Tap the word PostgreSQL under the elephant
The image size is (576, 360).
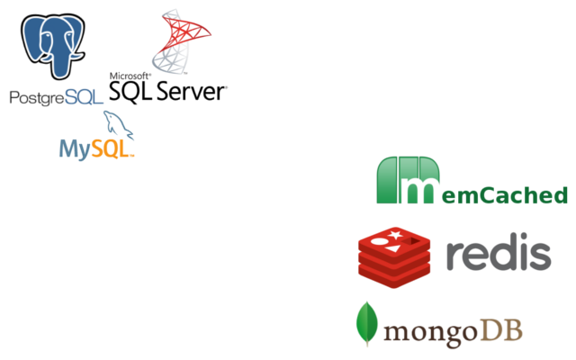click(56, 97)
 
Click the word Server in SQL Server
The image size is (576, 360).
click(192, 91)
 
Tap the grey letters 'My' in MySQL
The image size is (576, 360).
click(73, 148)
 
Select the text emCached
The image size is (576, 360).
click(505, 194)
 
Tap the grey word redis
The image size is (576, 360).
click(498, 255)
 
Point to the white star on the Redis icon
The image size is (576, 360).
click(394, 236)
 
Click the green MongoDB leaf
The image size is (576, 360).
click(366, 324)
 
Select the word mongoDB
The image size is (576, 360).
click(453, 331)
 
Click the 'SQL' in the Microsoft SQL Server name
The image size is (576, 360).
click(130, 91)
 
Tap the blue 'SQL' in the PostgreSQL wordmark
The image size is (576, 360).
click(85, 97)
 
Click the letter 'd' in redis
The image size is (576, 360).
click(506, 255)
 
